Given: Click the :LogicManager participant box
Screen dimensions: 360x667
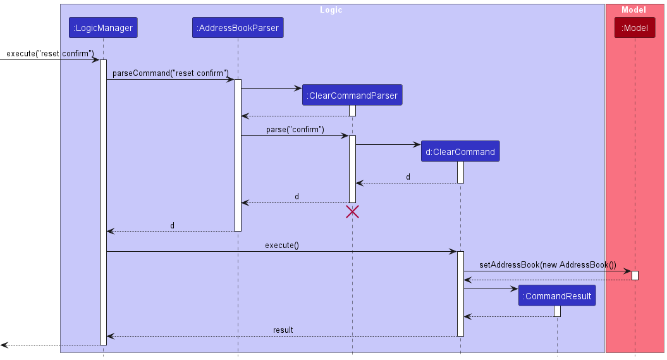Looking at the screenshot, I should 103,28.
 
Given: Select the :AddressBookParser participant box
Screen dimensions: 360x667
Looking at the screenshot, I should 238,28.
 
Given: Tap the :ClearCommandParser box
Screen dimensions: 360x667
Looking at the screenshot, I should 352,96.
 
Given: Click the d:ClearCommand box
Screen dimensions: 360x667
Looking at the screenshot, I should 460,152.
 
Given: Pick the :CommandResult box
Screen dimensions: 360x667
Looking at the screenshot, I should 557,296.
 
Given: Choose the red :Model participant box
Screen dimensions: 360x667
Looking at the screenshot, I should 635,28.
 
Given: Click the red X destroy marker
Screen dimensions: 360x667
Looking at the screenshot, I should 352,212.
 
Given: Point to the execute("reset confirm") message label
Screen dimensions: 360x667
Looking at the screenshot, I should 50,53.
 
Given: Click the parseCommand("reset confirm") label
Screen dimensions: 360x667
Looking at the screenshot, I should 171,73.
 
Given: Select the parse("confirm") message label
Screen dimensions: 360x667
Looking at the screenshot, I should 295,129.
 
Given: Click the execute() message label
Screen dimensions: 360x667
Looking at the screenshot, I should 281,245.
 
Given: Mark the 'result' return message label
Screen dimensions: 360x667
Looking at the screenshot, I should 283,330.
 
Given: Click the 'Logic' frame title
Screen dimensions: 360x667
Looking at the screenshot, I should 331,9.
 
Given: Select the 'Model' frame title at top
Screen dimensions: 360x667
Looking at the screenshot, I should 633,9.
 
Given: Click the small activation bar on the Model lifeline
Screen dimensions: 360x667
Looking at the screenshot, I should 635,275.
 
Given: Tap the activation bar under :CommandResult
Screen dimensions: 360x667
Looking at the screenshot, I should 557,311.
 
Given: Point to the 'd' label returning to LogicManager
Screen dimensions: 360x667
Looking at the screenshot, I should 172,225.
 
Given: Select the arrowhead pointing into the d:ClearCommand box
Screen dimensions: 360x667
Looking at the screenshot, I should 417,145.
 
